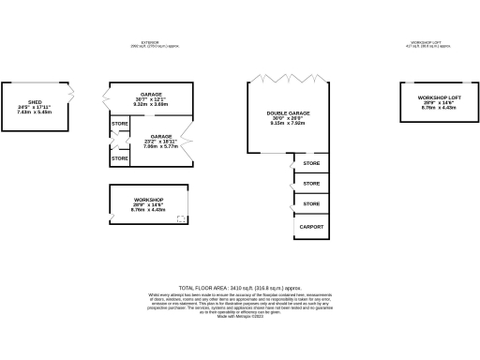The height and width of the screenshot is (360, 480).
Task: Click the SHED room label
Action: click(35, 102)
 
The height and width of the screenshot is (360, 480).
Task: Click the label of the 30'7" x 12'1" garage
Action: click(151, 95)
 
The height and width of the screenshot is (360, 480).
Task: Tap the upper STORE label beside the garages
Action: click(120, 124)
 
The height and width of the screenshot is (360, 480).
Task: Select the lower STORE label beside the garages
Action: click(120, 158)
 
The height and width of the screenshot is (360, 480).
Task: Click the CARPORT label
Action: click(312, 227)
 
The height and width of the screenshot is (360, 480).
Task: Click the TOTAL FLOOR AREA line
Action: click(240, 287)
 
